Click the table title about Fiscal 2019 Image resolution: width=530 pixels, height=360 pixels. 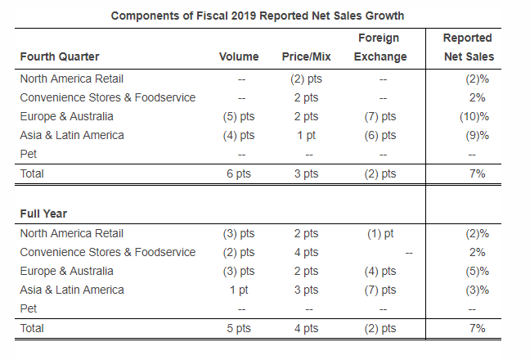tap(258, 16)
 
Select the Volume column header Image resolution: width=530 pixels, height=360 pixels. tap(239, 56)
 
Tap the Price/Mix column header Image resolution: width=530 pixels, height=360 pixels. tap(305, 56)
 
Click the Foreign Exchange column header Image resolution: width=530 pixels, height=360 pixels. tap(380, 47)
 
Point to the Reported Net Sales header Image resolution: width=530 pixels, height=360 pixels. tap(467, 47)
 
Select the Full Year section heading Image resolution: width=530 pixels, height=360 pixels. tap(44, 214)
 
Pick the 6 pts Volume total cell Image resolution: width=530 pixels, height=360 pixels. tap(239, 173)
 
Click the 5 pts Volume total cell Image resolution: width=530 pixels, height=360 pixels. tap(239, 328)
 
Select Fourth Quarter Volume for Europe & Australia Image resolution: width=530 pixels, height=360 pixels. tap(239, 116)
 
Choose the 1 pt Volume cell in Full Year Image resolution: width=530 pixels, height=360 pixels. tap(239, 290)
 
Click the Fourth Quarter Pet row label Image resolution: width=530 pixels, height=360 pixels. tap(29, 154)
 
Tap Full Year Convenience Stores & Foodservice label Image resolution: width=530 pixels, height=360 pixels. tap(108, 252)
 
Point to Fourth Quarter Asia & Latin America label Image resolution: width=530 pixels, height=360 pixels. tap(72, 135)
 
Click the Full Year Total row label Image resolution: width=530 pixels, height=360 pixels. tap(33, 328)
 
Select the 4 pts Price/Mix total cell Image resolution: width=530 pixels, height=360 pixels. tap(305, 328)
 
